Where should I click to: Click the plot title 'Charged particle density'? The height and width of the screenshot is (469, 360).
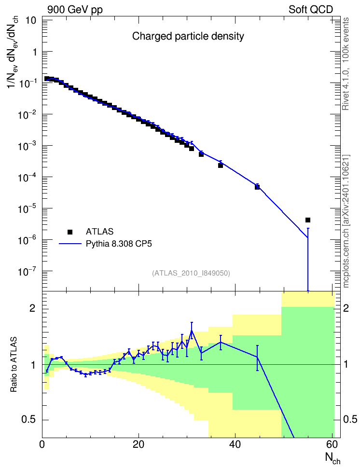pyautogui.click(x=188, y=36)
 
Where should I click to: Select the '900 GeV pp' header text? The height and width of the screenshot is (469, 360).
pyautogui.click(x=75, y=10)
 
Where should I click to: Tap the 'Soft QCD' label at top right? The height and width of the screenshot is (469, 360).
pyautogui.click(x=311, y=10)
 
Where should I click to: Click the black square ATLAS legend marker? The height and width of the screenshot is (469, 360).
pyautogui.click(x=70, y=232)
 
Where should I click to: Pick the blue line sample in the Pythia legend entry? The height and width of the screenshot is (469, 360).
pyautogui.click(x=70, y=244)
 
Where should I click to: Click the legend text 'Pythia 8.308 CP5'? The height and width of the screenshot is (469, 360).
pyautogui.click(x=119, y=244)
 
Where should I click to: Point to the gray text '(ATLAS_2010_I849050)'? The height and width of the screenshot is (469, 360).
pyautogui.click(x=191, y=273)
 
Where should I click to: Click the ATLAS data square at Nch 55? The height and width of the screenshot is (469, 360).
pyautogui.click(x=307, y=220)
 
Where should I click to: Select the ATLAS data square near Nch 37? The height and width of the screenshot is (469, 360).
pyautogui.click(x=221, y=166)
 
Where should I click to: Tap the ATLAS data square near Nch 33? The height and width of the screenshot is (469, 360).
pyautogui.click(x=201, y=154)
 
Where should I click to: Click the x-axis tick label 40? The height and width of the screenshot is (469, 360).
pyautogui.click(x=235, y=444)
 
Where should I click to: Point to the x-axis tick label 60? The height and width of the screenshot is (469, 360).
pyautogui.click(x=332, y=444)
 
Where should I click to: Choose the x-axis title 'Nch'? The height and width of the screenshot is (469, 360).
pyautogui.click(x=333, y=458)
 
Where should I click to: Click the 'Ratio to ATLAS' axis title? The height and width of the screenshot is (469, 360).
pyautogui.click(x=14, y=365)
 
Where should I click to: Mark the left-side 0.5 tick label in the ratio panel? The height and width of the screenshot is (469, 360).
pyautogui.click(x=28, y=420)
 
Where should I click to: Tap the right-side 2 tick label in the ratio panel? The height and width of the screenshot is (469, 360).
pyautogui.click(x=346, y=308)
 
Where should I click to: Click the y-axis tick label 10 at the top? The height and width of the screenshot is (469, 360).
pyautogui.click(x=31, y=21)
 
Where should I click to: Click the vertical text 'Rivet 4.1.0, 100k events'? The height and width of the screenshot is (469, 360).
pyautogui.click(x=346, y=64)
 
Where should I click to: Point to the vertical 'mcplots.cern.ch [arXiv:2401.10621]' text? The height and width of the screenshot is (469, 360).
pyautogui.click(x=346, y=221)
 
